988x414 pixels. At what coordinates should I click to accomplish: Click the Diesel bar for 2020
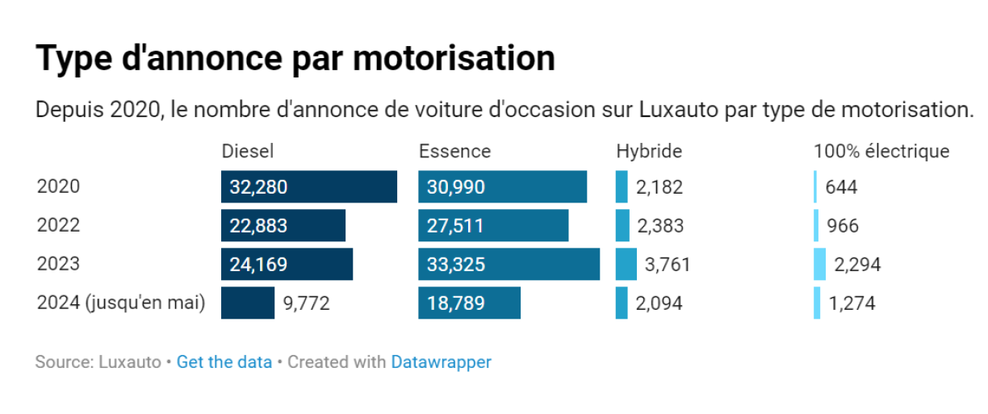(308, 187)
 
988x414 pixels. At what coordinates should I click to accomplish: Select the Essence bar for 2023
(509, 265)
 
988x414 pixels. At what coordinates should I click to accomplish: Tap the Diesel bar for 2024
(248, 303)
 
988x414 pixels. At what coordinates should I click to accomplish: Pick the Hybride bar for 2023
(626, 265)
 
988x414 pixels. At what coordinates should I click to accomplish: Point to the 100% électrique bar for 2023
(819, 265)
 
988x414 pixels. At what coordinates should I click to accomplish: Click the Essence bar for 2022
(492, 226)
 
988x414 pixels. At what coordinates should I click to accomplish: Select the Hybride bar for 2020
(621, 187)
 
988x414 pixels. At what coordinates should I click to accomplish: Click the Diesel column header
(248, 151)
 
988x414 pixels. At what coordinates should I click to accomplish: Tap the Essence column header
(454, 151)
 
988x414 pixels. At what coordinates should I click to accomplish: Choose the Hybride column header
(649, 151)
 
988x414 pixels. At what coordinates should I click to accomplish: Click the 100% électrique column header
(881, 151)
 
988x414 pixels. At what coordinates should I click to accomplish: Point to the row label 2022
(59, 226)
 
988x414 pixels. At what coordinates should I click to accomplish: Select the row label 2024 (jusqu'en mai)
(121, 303)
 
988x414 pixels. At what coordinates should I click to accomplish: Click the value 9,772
(307, 303)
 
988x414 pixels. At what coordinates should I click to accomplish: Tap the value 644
(841, 187)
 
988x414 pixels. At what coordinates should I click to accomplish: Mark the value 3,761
(668, 265)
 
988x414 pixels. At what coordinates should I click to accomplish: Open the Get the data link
(224, 362)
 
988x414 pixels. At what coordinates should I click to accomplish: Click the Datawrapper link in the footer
(441, 362)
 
